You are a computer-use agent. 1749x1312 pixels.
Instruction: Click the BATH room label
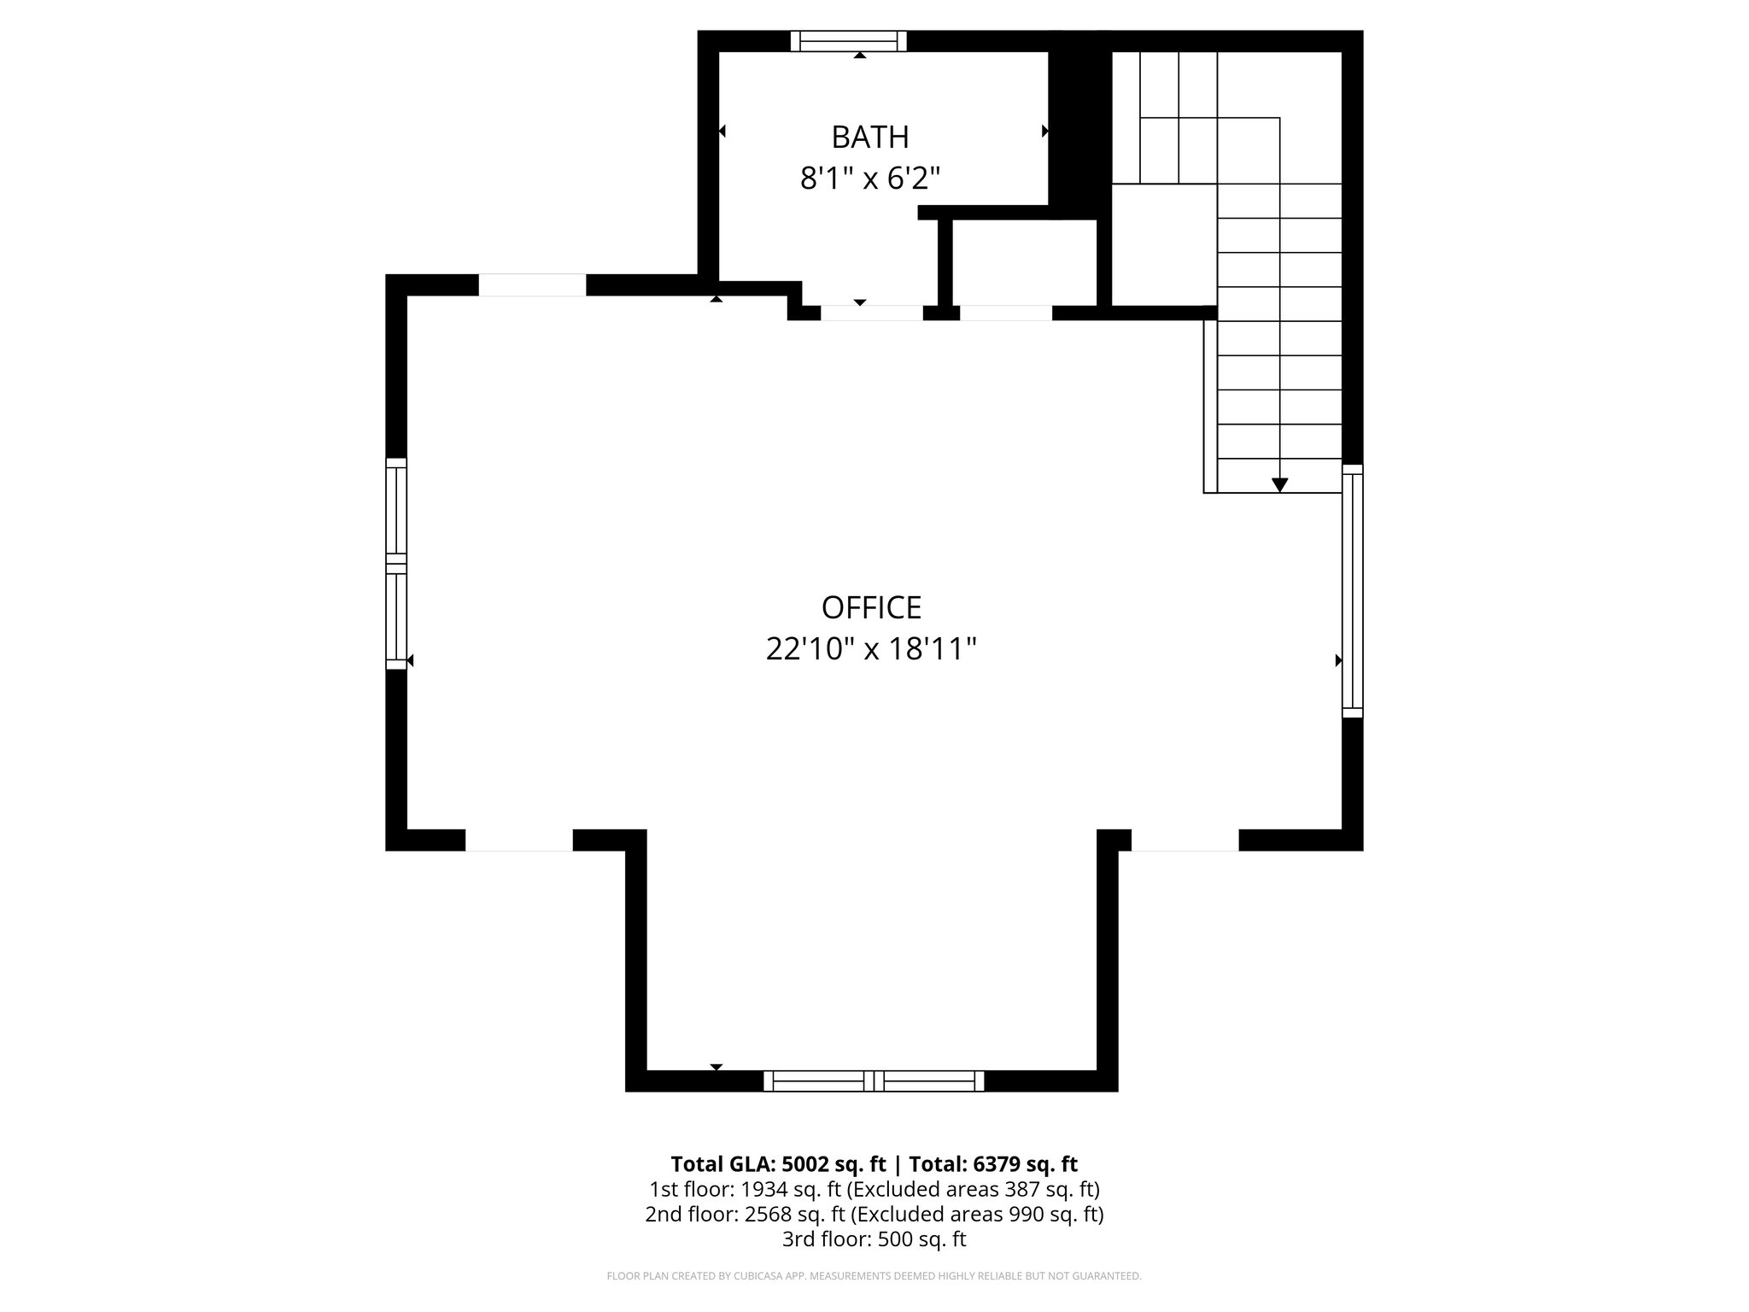869,137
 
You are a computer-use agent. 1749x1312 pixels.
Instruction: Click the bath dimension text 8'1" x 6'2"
869,179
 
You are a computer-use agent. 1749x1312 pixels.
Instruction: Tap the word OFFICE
871,607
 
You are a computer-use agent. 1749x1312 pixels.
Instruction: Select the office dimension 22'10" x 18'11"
871,649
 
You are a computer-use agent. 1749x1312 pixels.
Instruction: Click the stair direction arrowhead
1279,484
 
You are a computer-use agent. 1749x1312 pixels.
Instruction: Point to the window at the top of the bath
847,41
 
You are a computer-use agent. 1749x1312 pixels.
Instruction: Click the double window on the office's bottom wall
873,1081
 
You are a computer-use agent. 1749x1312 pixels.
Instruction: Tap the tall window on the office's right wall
1352,590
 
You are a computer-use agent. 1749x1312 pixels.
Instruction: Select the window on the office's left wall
396,564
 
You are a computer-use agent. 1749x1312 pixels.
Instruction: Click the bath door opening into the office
871,313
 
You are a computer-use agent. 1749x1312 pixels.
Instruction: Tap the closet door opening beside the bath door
1005,313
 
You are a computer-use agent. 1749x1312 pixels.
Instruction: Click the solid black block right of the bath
1078,128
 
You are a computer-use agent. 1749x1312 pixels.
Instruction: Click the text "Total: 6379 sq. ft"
992,1164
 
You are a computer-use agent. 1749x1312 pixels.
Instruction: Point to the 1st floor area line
874,1189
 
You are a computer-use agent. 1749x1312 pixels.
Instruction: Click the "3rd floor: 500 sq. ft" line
874,1239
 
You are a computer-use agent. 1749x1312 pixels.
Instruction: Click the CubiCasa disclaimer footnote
874,1276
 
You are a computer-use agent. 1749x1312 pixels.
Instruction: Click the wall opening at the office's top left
532,285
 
